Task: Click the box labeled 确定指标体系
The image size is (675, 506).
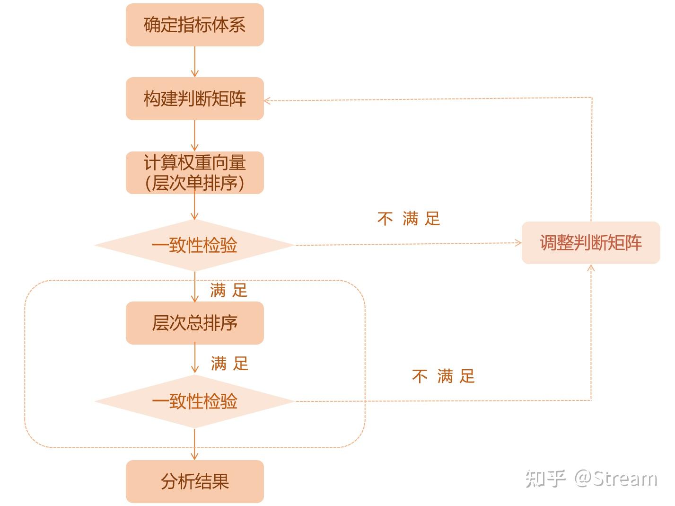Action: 195,25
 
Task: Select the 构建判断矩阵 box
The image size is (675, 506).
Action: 195,99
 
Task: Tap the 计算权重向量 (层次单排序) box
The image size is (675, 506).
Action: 195,173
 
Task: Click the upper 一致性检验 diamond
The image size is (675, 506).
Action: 195,245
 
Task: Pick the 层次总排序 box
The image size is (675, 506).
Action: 195,323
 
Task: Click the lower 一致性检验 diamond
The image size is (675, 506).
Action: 195,401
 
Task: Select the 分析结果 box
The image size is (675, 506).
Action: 195,481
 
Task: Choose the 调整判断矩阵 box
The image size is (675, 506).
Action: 591,243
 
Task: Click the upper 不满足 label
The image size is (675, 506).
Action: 409,219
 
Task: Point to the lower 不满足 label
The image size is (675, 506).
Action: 443,376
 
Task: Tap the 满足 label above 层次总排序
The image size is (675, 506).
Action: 229,290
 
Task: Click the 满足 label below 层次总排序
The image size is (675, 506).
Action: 230,364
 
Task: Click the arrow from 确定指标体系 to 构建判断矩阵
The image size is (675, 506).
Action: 195,62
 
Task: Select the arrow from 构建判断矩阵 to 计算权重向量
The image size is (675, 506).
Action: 195,136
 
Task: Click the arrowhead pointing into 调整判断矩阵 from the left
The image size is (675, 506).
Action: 518,243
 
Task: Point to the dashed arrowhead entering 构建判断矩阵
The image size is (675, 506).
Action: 267,101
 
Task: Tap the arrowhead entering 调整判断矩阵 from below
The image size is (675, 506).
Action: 591,268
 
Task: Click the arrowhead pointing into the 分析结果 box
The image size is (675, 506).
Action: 195,456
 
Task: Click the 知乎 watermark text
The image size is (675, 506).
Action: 545,479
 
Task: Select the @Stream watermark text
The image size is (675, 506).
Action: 616,479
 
